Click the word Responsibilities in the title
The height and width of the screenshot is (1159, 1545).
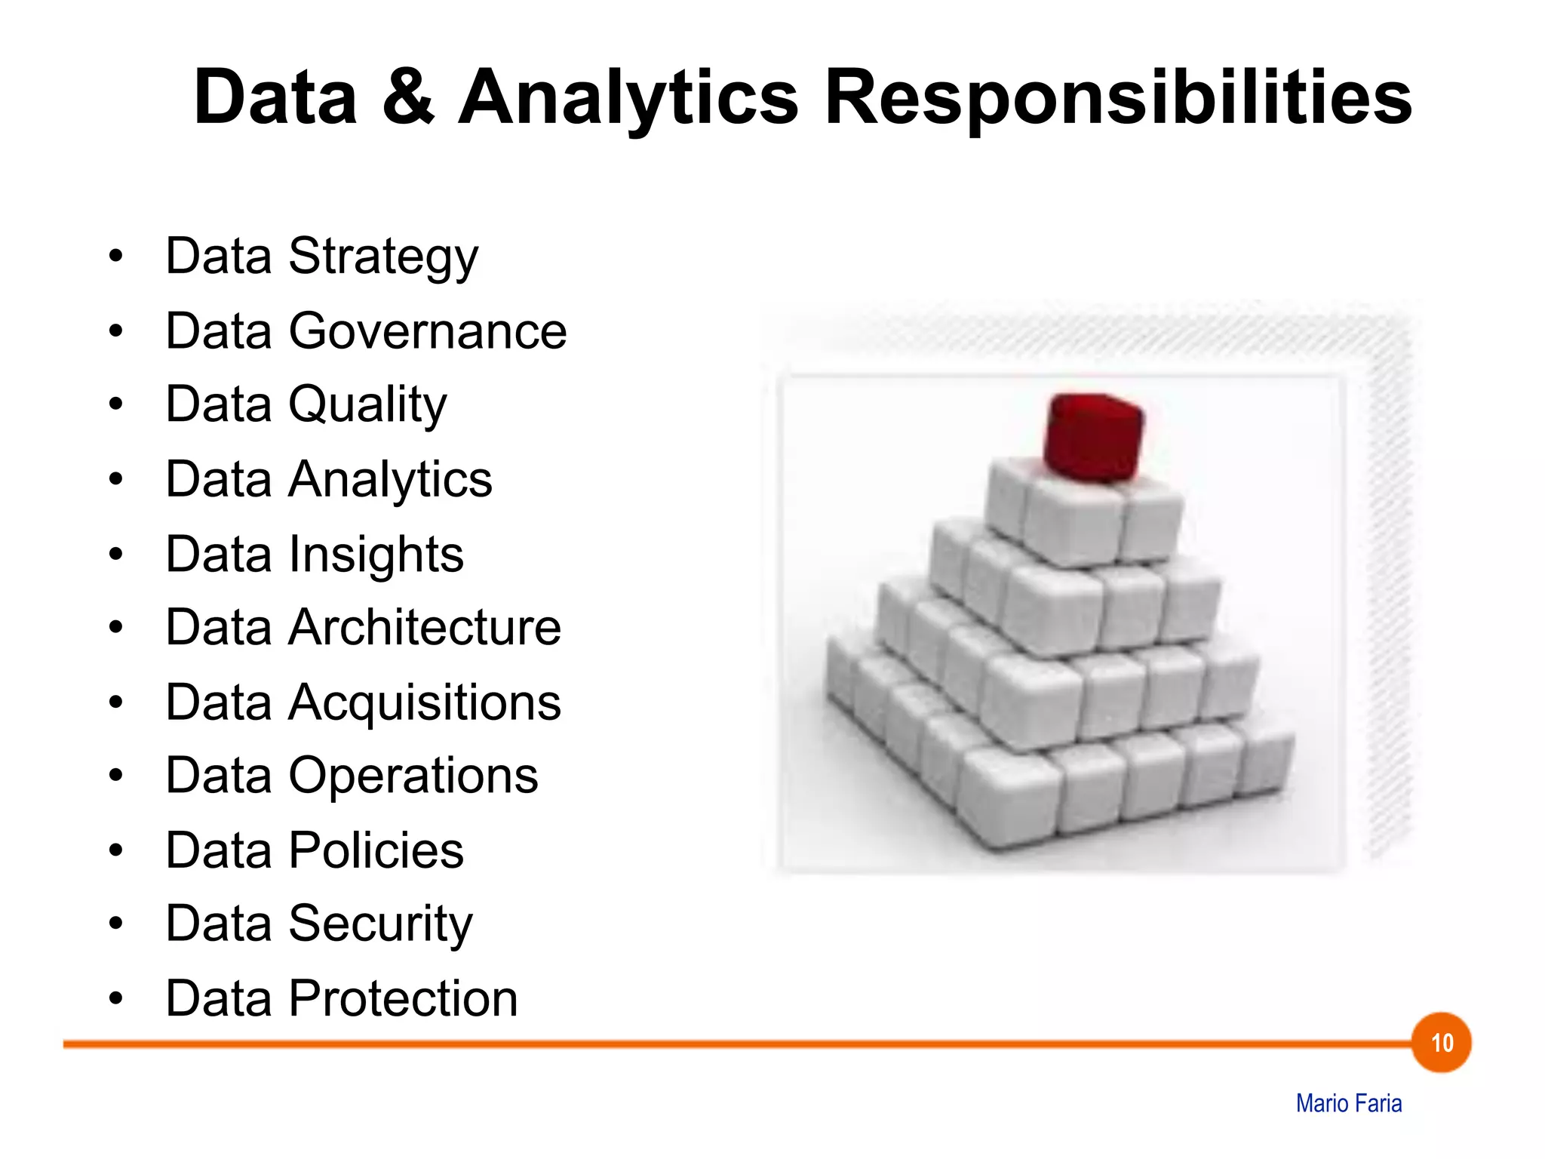[x=1118, y=98]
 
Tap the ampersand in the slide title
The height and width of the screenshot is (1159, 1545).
[x=408, y=98]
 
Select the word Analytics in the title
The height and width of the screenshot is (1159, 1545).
[x=628, y=98]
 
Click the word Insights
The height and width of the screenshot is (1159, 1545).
[x=376, y=555]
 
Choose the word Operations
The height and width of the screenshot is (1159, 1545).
[x=413, y=776]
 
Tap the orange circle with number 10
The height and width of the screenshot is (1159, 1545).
[x=1441, y=1043]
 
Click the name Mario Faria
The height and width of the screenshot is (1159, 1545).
[x=1348, y=1103]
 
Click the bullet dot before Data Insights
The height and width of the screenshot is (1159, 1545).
[x=115, y=555]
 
